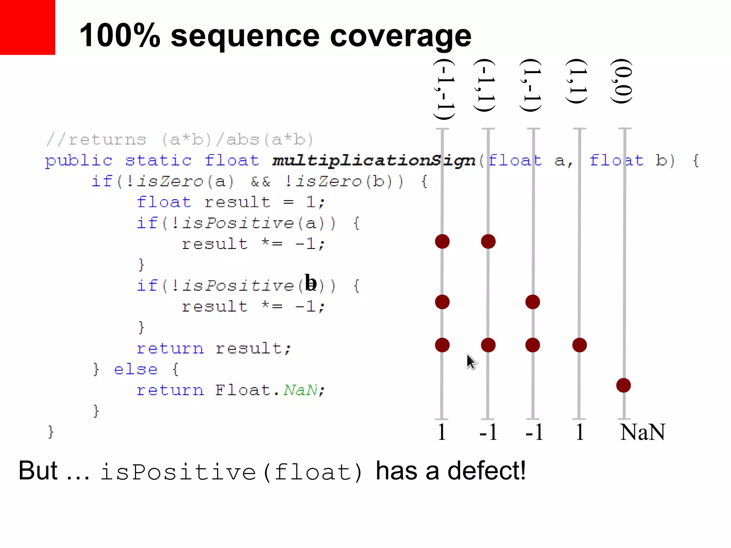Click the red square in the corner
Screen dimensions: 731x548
pos(27,27)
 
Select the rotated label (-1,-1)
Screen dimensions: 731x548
pos(444,89)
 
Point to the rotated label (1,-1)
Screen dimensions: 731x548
pos(531,86)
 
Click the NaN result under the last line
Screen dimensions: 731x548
pos(642,432)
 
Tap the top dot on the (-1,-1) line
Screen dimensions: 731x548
pos(442,242)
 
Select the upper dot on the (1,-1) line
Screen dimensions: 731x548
pos(533,302)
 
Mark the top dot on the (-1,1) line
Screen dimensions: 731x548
pos(488,242)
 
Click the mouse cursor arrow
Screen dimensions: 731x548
pos(471,362)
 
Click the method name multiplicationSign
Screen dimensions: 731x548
pos(374,161)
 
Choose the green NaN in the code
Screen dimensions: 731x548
pos(300,390)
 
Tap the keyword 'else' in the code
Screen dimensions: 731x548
pos(136,370)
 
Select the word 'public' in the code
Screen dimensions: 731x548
pos(79,161)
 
